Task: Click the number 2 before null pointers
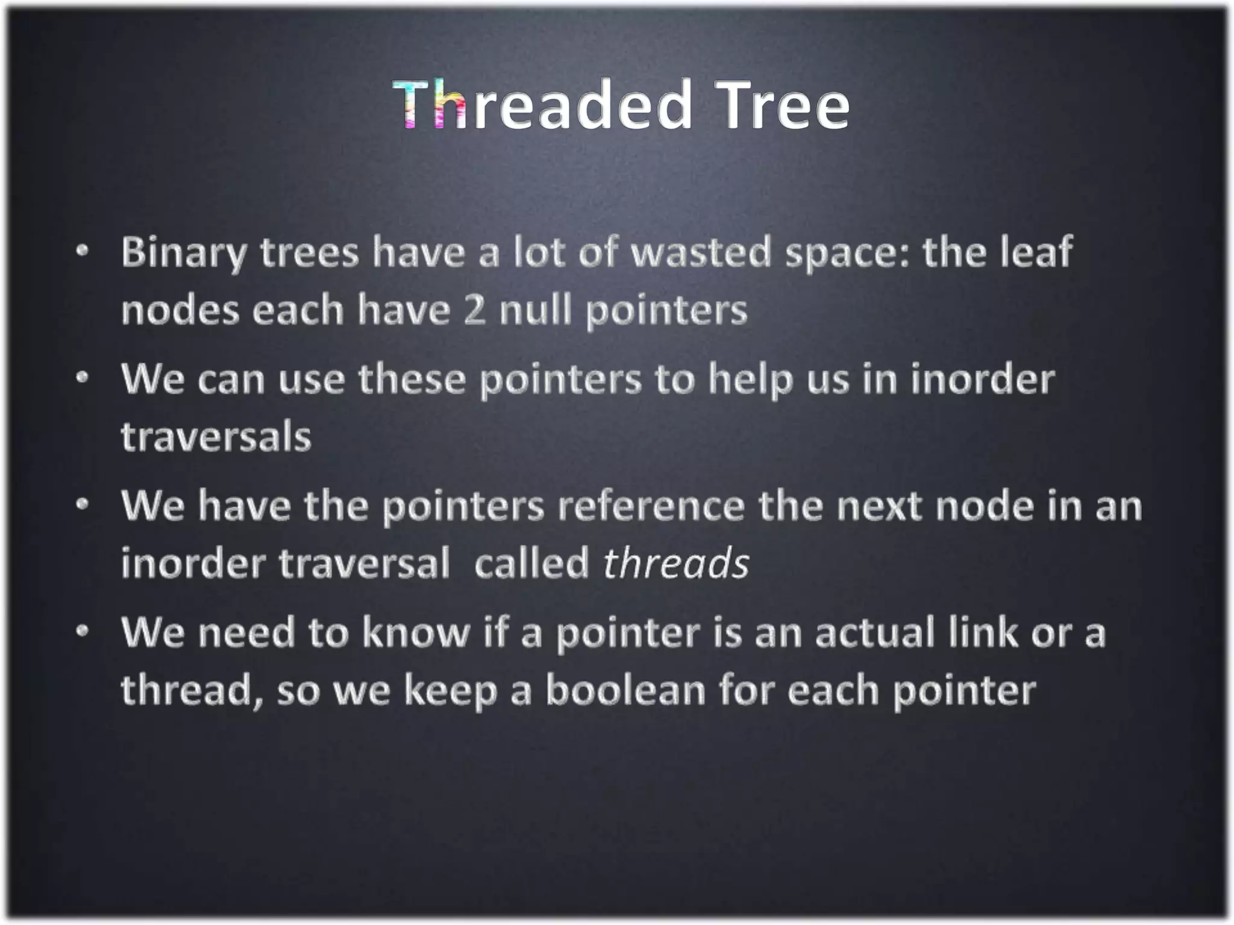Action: (474, 311)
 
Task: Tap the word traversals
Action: (216, 437)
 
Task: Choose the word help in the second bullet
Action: (750, 381)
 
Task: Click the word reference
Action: (651, 506)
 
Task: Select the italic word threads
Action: (676, 564)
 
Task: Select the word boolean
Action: (625, 691)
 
